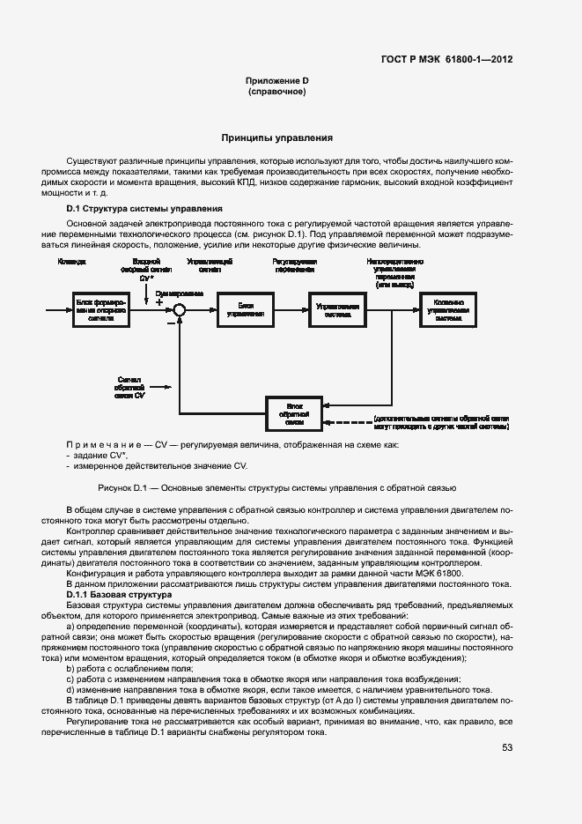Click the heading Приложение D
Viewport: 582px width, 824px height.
[276, 81]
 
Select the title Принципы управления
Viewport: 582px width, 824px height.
[276, 138]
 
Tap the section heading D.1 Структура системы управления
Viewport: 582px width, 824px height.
[144, 208]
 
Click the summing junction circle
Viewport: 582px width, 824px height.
[180, 308]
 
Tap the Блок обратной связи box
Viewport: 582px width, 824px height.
[294, 412]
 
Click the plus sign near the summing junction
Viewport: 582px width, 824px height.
[159, 301]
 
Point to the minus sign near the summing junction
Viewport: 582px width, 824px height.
[170, 323]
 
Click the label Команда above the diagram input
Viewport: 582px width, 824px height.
[71, 262]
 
